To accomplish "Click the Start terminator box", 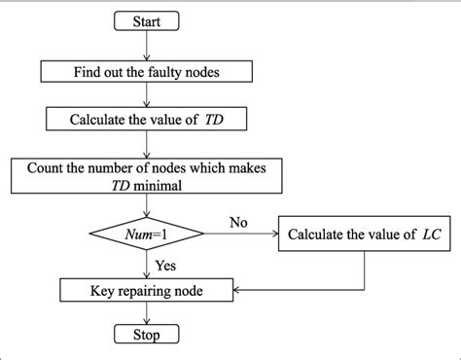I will click(x=145, y=20).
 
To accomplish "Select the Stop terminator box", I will click(x=145, y=336).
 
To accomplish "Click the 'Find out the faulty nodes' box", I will click(x=145, y=70).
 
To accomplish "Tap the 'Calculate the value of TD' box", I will click(x=145, y=119).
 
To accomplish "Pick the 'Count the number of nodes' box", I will click(x=145, y=175).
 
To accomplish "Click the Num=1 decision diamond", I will click(x=145, y=234).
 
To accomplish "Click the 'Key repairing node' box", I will click(x=145, y=290).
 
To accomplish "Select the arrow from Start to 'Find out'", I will click(x=145, y=45).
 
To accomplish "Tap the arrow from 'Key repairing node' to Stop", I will click(x=145, y=313).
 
